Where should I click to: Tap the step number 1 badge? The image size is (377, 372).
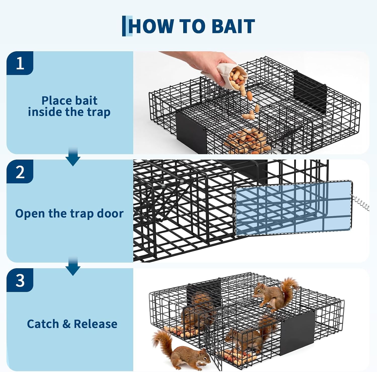20,63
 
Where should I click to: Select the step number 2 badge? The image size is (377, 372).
20,172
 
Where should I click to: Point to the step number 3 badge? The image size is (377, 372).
20,280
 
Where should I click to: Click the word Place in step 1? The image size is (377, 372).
55,101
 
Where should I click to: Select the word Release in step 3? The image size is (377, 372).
96,324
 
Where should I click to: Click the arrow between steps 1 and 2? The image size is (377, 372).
73,157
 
